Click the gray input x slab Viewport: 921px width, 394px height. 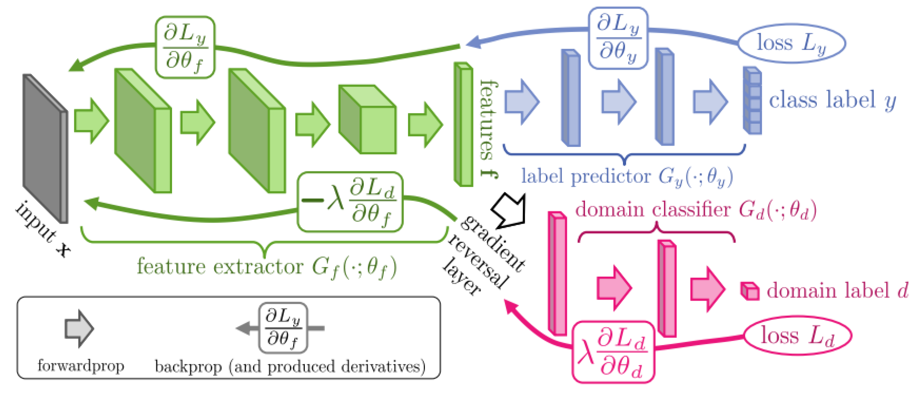point(45,148)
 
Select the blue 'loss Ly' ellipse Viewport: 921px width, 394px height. point(791,43)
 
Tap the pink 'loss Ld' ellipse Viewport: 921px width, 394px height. point(797,336)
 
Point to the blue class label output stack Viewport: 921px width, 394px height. point(752,101)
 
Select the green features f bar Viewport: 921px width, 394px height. point(463,124)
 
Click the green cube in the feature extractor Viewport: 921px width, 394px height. point(367,119)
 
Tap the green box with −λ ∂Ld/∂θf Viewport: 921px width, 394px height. point(350,202)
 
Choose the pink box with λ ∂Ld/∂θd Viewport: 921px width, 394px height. point(613,352)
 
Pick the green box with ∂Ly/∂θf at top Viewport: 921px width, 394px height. point(185,47)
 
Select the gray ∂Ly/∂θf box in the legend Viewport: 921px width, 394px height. point(283,328)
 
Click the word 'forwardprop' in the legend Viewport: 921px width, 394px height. point(81,366)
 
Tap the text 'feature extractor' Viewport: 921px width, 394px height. point(219,266)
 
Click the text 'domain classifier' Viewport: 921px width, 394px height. point(653,209)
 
